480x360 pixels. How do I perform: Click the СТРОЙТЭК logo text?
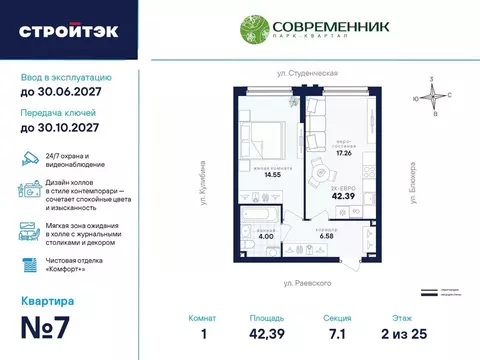(68, 30)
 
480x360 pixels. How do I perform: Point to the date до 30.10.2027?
(68, 128)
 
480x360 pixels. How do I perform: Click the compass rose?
(433, 96)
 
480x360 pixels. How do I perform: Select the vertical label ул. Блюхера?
(411, 177)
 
